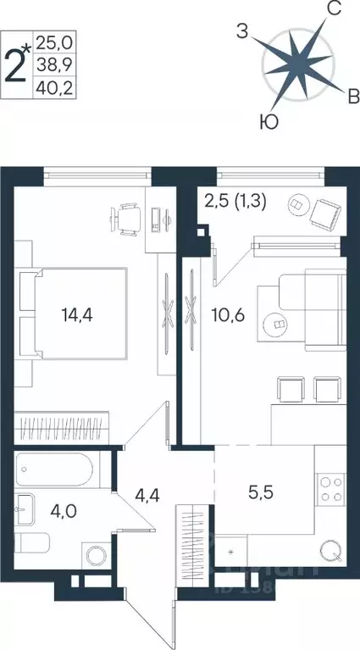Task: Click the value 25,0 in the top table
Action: click(53, 40)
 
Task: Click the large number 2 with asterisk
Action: click(17, 62)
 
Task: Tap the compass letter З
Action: click(242, 33)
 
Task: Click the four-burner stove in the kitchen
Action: click(329, 489)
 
